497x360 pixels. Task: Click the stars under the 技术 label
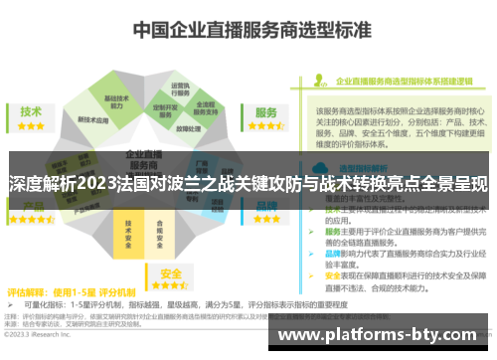31,127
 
